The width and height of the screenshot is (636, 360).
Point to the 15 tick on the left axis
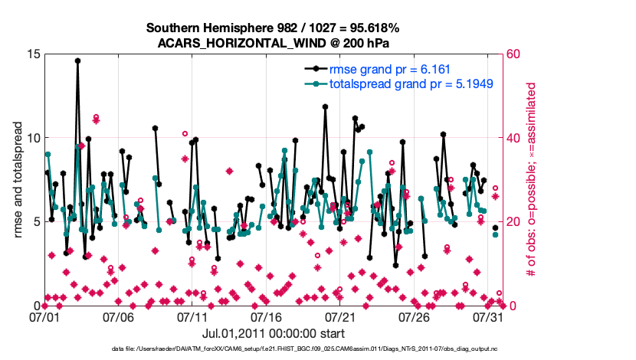[32, 54]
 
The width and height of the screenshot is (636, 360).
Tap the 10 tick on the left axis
[32, 138]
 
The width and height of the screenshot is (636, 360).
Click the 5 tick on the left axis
[35, 222]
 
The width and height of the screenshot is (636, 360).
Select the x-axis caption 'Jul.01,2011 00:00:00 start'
[274, 333]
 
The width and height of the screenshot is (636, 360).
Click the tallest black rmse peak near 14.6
[77, 60]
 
